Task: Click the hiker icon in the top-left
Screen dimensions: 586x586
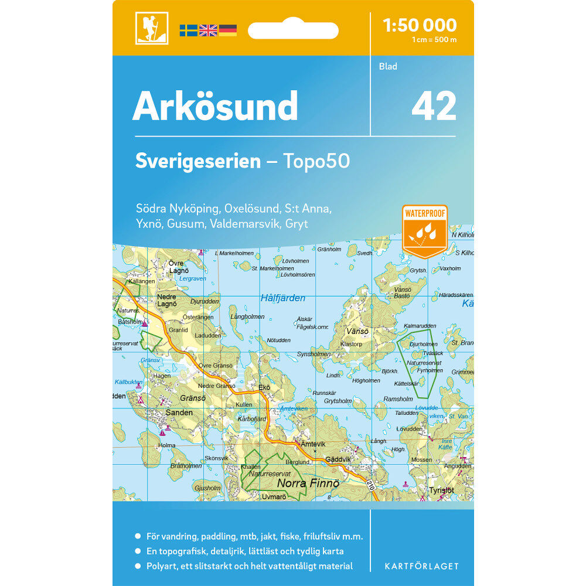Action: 152,28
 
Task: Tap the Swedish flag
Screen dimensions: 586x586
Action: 188,30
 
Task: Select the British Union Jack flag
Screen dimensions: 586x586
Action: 208,30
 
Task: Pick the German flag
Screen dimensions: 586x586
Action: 228,30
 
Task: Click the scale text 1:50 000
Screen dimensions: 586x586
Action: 419,25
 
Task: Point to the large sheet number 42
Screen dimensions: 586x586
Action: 434,107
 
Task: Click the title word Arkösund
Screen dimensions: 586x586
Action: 215,106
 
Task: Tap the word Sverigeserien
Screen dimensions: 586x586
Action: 197,161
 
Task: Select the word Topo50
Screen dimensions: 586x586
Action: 316,161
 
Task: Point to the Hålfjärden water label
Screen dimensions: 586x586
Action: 282,298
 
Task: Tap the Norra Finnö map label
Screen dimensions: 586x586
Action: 308,483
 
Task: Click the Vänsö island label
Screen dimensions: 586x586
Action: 357,331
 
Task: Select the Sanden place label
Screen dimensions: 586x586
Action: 179,413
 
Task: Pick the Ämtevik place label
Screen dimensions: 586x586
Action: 312,444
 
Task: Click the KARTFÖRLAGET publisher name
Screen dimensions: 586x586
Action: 421,566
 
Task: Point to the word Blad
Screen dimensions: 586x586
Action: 388,66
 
